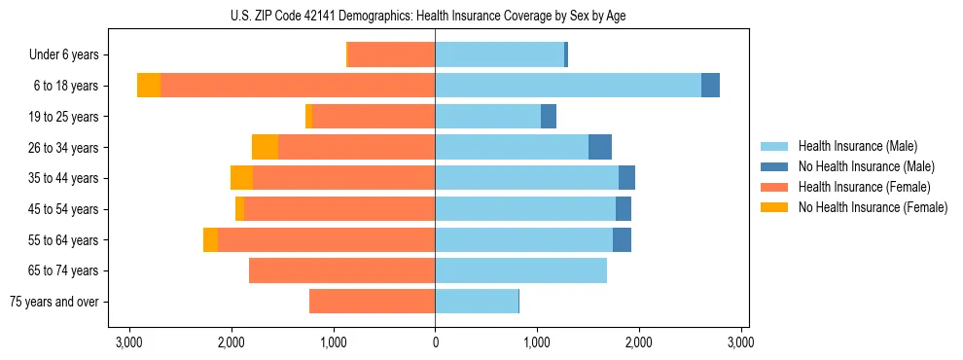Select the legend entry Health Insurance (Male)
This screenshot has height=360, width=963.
(857, 146)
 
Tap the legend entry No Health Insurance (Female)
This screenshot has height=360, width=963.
(873, 207)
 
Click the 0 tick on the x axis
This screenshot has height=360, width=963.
(435, 342)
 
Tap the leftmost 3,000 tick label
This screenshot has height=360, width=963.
(129, 342)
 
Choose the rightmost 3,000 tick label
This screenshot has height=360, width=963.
(741, 342)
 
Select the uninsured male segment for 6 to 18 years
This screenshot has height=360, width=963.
(710, 86)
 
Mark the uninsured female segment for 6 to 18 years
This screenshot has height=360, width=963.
(149, 86)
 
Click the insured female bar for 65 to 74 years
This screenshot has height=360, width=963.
(341, 270)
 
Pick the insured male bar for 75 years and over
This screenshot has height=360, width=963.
(477, 302)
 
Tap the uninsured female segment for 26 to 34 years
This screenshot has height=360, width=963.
(265, 147)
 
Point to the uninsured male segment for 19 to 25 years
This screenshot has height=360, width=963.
(549, 117)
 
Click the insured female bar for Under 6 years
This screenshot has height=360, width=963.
(391, 55)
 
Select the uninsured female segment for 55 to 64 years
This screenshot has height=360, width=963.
(210, 239)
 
